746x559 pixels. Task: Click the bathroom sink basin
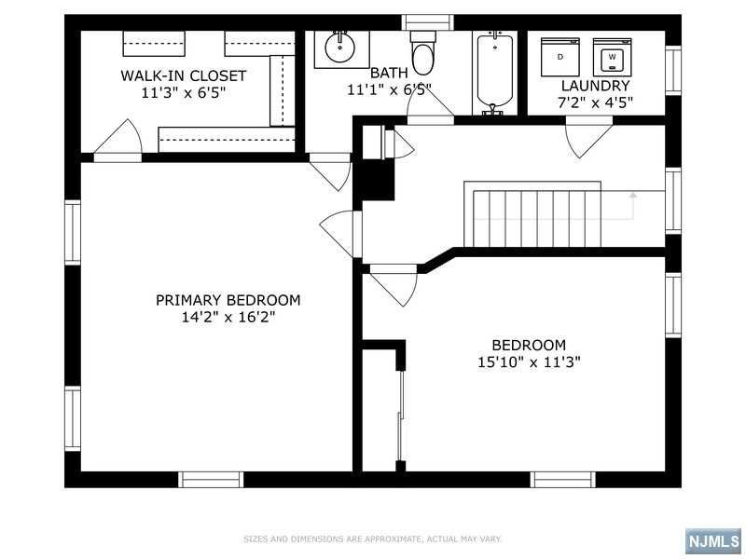coord(340,48)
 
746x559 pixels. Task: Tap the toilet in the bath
coord(423,52)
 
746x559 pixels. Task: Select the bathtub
coord(495,73)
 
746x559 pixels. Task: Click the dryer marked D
coord(560,57)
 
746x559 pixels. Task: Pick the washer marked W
coord(613,57)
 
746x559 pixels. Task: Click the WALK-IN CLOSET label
coord(183,75)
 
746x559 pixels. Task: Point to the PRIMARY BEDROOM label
coord(228,300)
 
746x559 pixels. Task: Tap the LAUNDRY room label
coord(595,86)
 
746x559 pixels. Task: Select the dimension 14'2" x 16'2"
coord(228,317)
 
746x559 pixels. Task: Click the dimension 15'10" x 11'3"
coord(529,362)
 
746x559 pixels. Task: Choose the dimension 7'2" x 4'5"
coord(595,102)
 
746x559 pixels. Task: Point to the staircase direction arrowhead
coord(633,195)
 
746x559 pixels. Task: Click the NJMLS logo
coord(713,541)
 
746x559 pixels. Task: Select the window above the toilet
coord(427,22)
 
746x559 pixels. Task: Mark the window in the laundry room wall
coord(673,71)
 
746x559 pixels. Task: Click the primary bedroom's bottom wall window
coord(211,480)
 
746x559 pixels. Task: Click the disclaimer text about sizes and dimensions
coord(372,539)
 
